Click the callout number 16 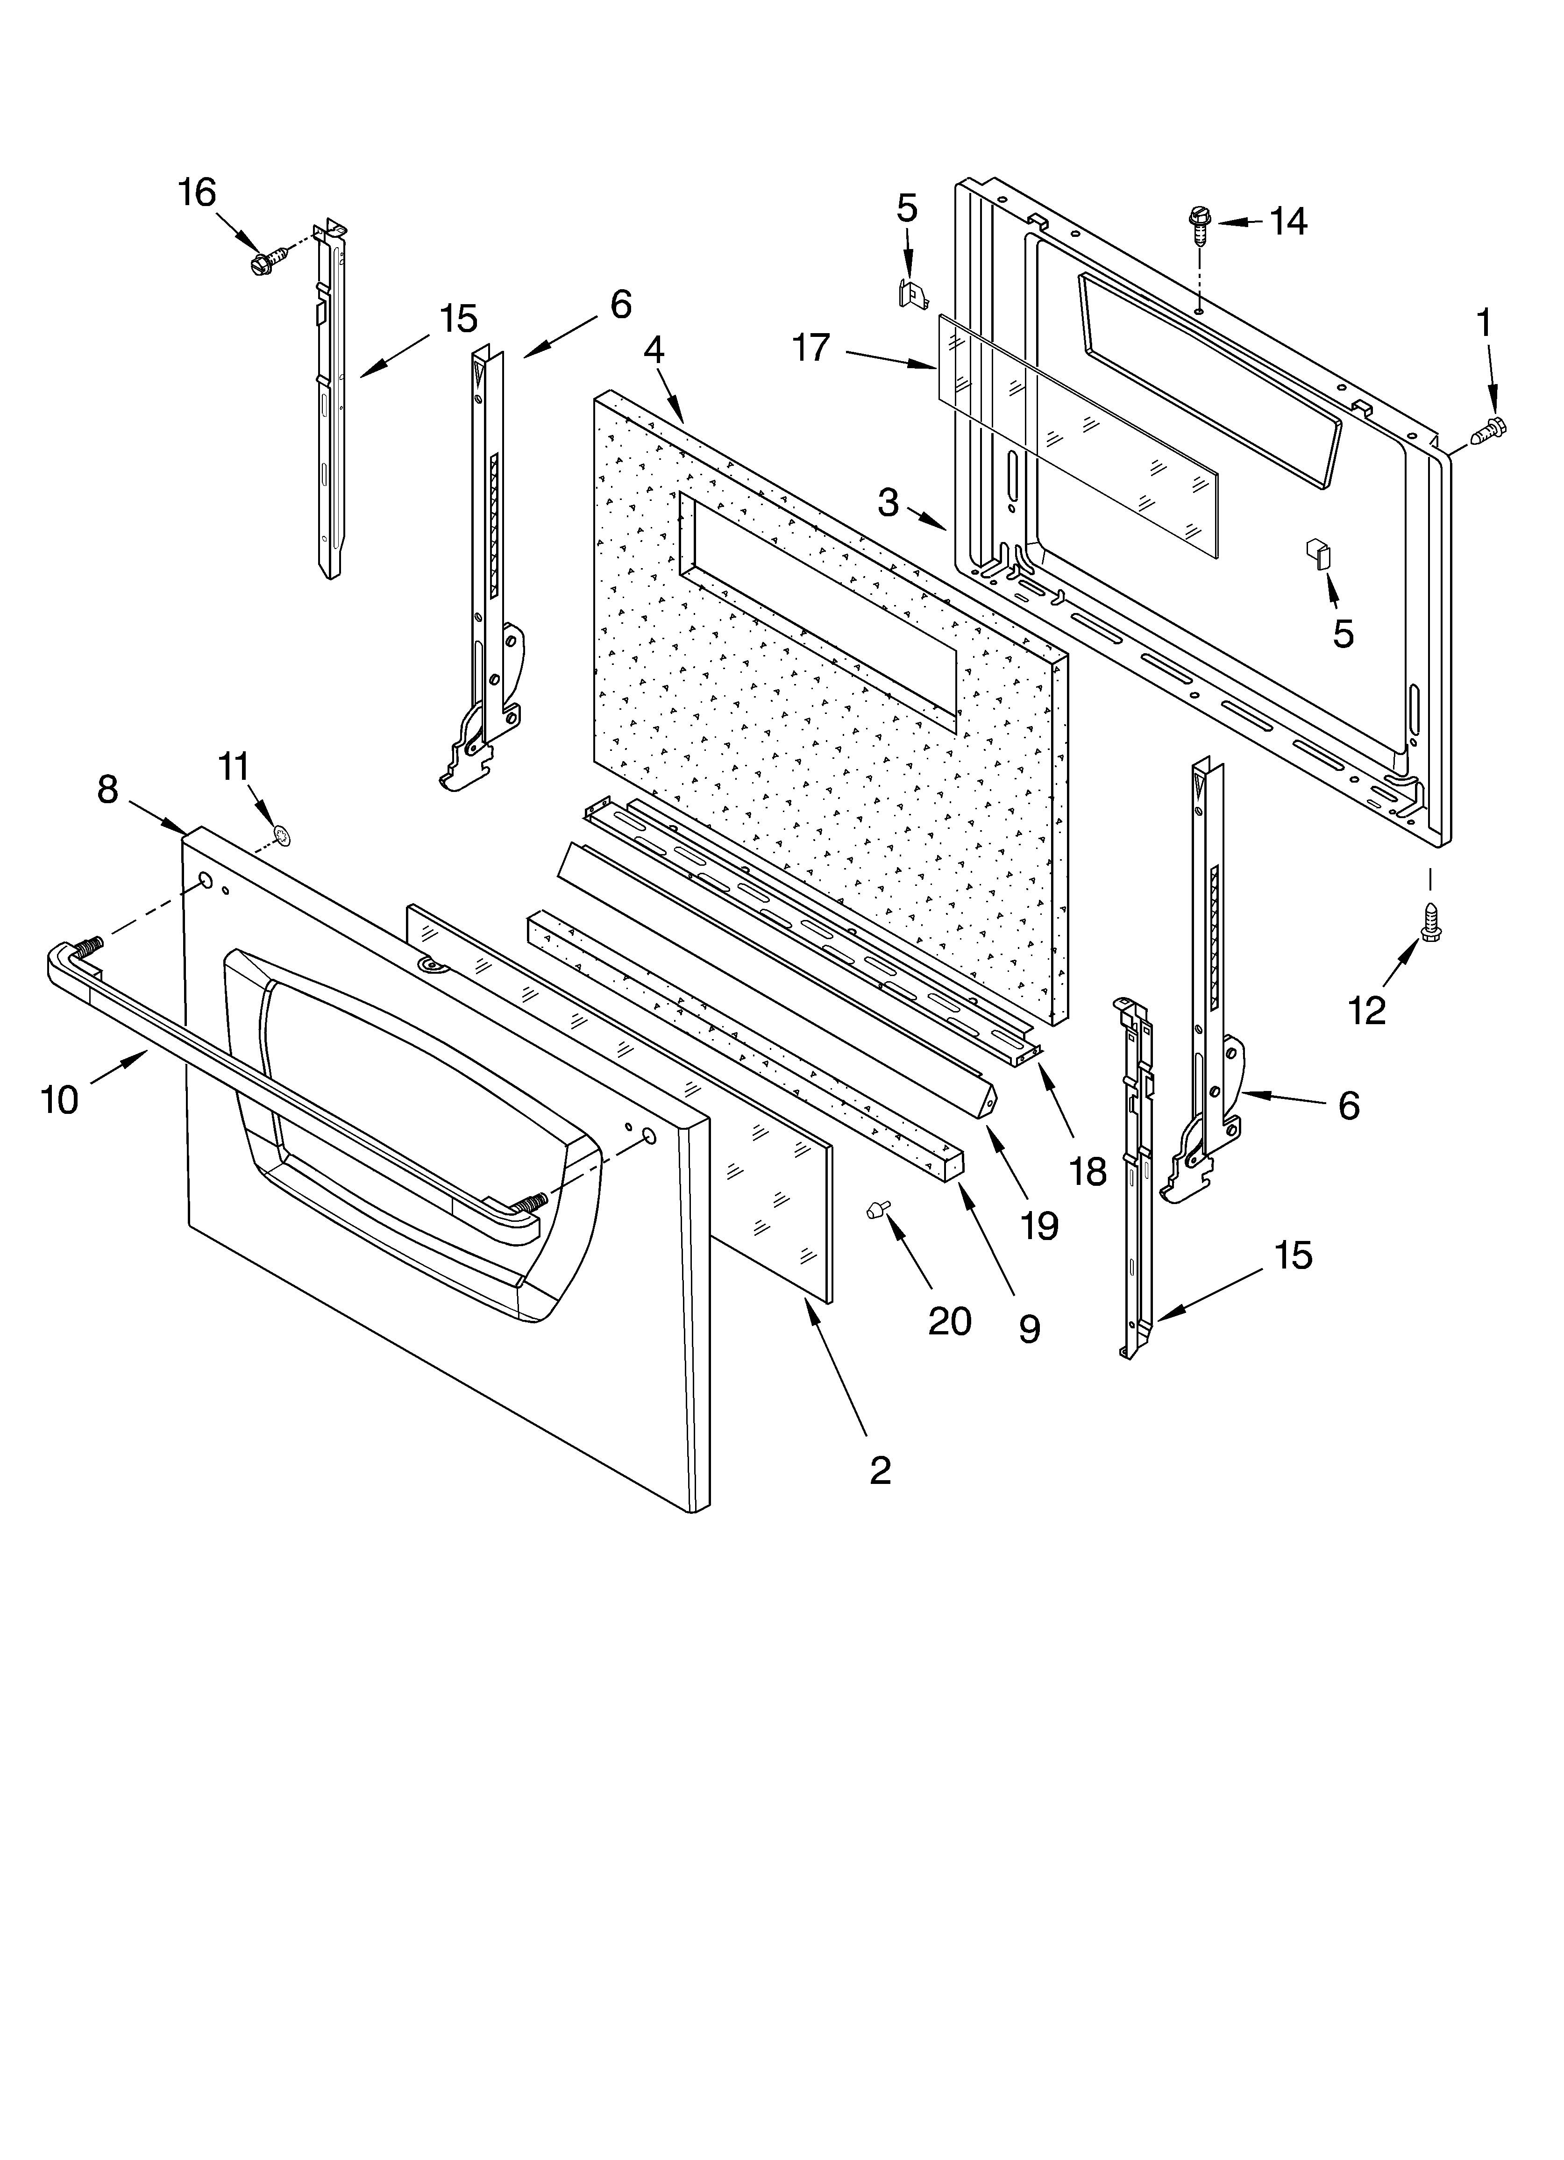click(x=197, y=193)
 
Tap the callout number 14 click(x=1288, y=222)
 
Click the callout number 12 click(x=1367, y=1011)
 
